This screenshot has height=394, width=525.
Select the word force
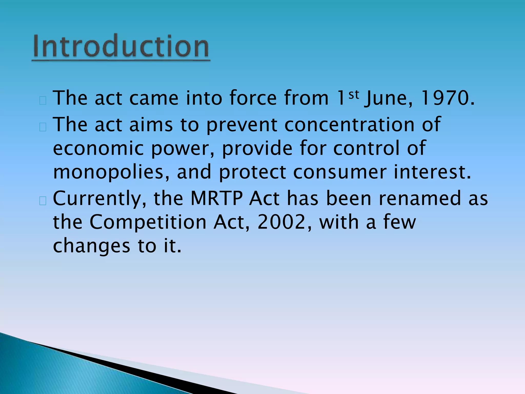click(x=253, y=98)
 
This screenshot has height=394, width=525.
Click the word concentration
click(x=349, y=125)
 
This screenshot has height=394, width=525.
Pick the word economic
click(x=98, y=149)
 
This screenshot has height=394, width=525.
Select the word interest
click(x=432, y=172)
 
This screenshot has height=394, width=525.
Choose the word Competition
click(x=148, y=222)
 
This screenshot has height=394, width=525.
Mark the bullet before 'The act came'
click(x=43, y=101)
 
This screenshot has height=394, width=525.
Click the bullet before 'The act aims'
click(x=43, y=127)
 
